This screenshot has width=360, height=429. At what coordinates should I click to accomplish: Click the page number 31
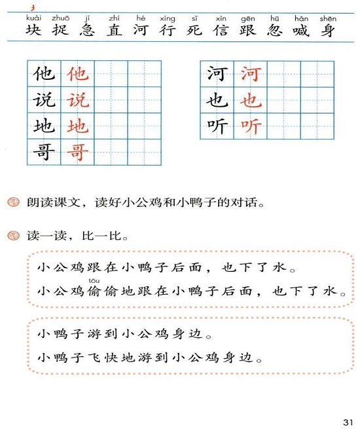346,420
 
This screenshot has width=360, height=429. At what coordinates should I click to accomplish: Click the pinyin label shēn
328,18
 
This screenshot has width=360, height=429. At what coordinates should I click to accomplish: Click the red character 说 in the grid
78,100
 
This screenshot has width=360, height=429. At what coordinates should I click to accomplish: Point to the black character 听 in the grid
216,126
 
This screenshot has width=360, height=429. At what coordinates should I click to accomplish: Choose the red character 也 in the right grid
250,100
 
